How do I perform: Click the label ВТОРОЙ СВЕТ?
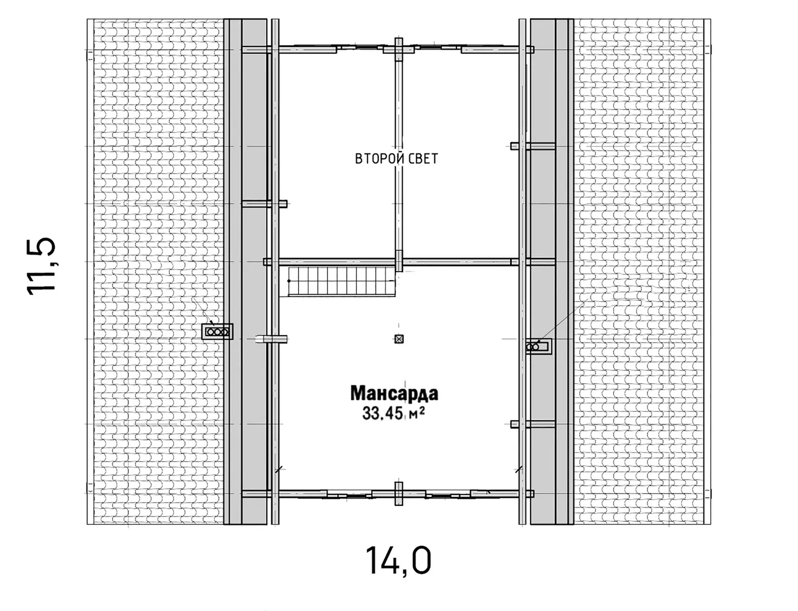(x=396, y=158)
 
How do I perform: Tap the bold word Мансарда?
(x=394, y=393)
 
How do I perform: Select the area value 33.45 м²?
(x=394, y=413)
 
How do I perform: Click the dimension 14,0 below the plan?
(x=399, y=561)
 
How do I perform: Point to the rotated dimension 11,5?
(x=41, y=266)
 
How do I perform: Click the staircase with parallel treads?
(x=342, y=281)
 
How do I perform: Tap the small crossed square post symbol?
(x=399, y=339)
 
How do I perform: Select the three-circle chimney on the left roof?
(x=217, y=332)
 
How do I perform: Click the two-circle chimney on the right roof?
(x=539, y=347)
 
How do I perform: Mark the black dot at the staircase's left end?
(x=289, y=281)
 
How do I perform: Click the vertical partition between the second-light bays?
(x=399, y=154)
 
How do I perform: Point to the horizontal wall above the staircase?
(x=392, y=261)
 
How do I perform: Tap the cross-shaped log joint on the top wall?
(x=399, y=49)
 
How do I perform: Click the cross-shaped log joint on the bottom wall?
(x=399, y=493)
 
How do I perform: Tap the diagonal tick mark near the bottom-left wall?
(x=278, y=469)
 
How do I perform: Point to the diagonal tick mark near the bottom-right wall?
(x=520, y=469)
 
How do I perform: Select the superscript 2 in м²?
(x=422, y=409)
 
